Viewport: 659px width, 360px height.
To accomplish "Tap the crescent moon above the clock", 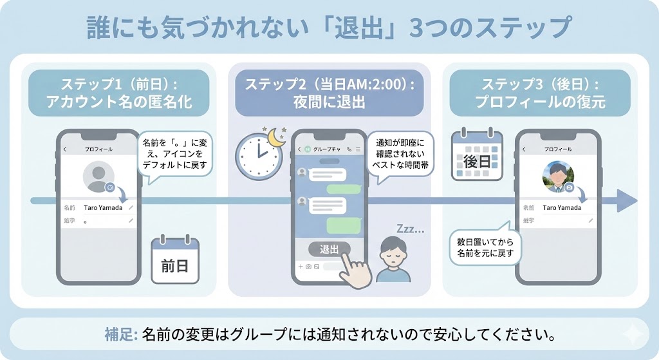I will (x=277, y=137).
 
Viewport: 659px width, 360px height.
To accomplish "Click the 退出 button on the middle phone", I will (x=329, y=249).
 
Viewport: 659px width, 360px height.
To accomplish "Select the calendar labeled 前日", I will (x=175, y=261).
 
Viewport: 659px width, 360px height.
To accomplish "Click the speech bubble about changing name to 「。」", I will (x=175, y=155).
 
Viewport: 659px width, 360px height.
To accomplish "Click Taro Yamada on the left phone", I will (x=103, y=207).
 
